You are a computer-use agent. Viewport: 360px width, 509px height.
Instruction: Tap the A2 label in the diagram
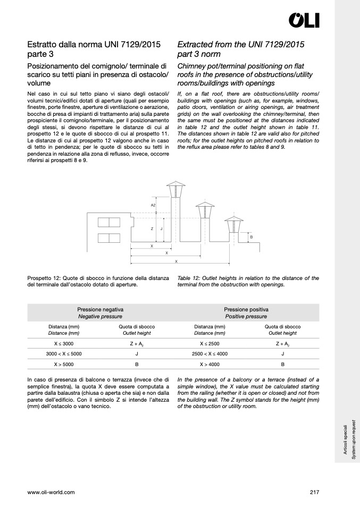pyautogui.click(x=153, y=205)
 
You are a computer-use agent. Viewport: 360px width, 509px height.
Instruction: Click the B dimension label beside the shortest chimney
pyautogui.click(x=251, y=237)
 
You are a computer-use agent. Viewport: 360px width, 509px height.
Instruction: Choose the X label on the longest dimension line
pyautogui.click(x=176, y=262)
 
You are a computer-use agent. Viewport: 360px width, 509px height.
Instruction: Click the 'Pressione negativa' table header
pyautogui.click(x=101, y=309)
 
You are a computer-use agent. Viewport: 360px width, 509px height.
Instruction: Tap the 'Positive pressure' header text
pyautogui.click(x=246, y=316)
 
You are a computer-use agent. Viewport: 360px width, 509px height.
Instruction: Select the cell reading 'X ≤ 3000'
pyautogui.click(x=64, y=344)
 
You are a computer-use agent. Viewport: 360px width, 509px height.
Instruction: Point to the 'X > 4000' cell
pyautogui.click(x=210, y=364)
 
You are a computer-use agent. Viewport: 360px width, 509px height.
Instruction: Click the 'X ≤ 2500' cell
pyautogui.click(x=210, y=344)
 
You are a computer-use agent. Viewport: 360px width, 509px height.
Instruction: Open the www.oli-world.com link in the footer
pyautogui.click(x=51, y=492)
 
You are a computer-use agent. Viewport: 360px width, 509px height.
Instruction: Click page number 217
pyautogui.click(x=314, y=492)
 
